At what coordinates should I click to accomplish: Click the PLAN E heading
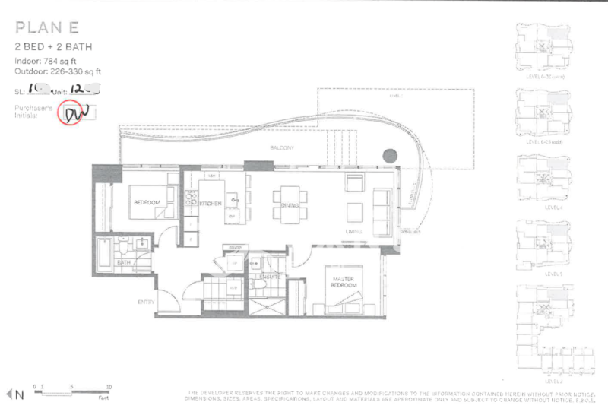(x=47, y=30)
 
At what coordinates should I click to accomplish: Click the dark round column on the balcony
(x=389, y=156)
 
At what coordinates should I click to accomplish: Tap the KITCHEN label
(x=210, y=204)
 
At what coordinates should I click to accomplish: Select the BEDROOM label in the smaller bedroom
(x=147, y=203)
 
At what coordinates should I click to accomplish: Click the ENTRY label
(x=147, y=302)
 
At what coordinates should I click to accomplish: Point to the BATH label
(x=124, y=263)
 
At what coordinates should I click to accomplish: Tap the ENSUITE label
(x=271, y=277)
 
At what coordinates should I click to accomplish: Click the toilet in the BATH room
(x=124, y=248)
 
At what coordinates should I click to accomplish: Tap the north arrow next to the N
(x=9, y=394)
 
